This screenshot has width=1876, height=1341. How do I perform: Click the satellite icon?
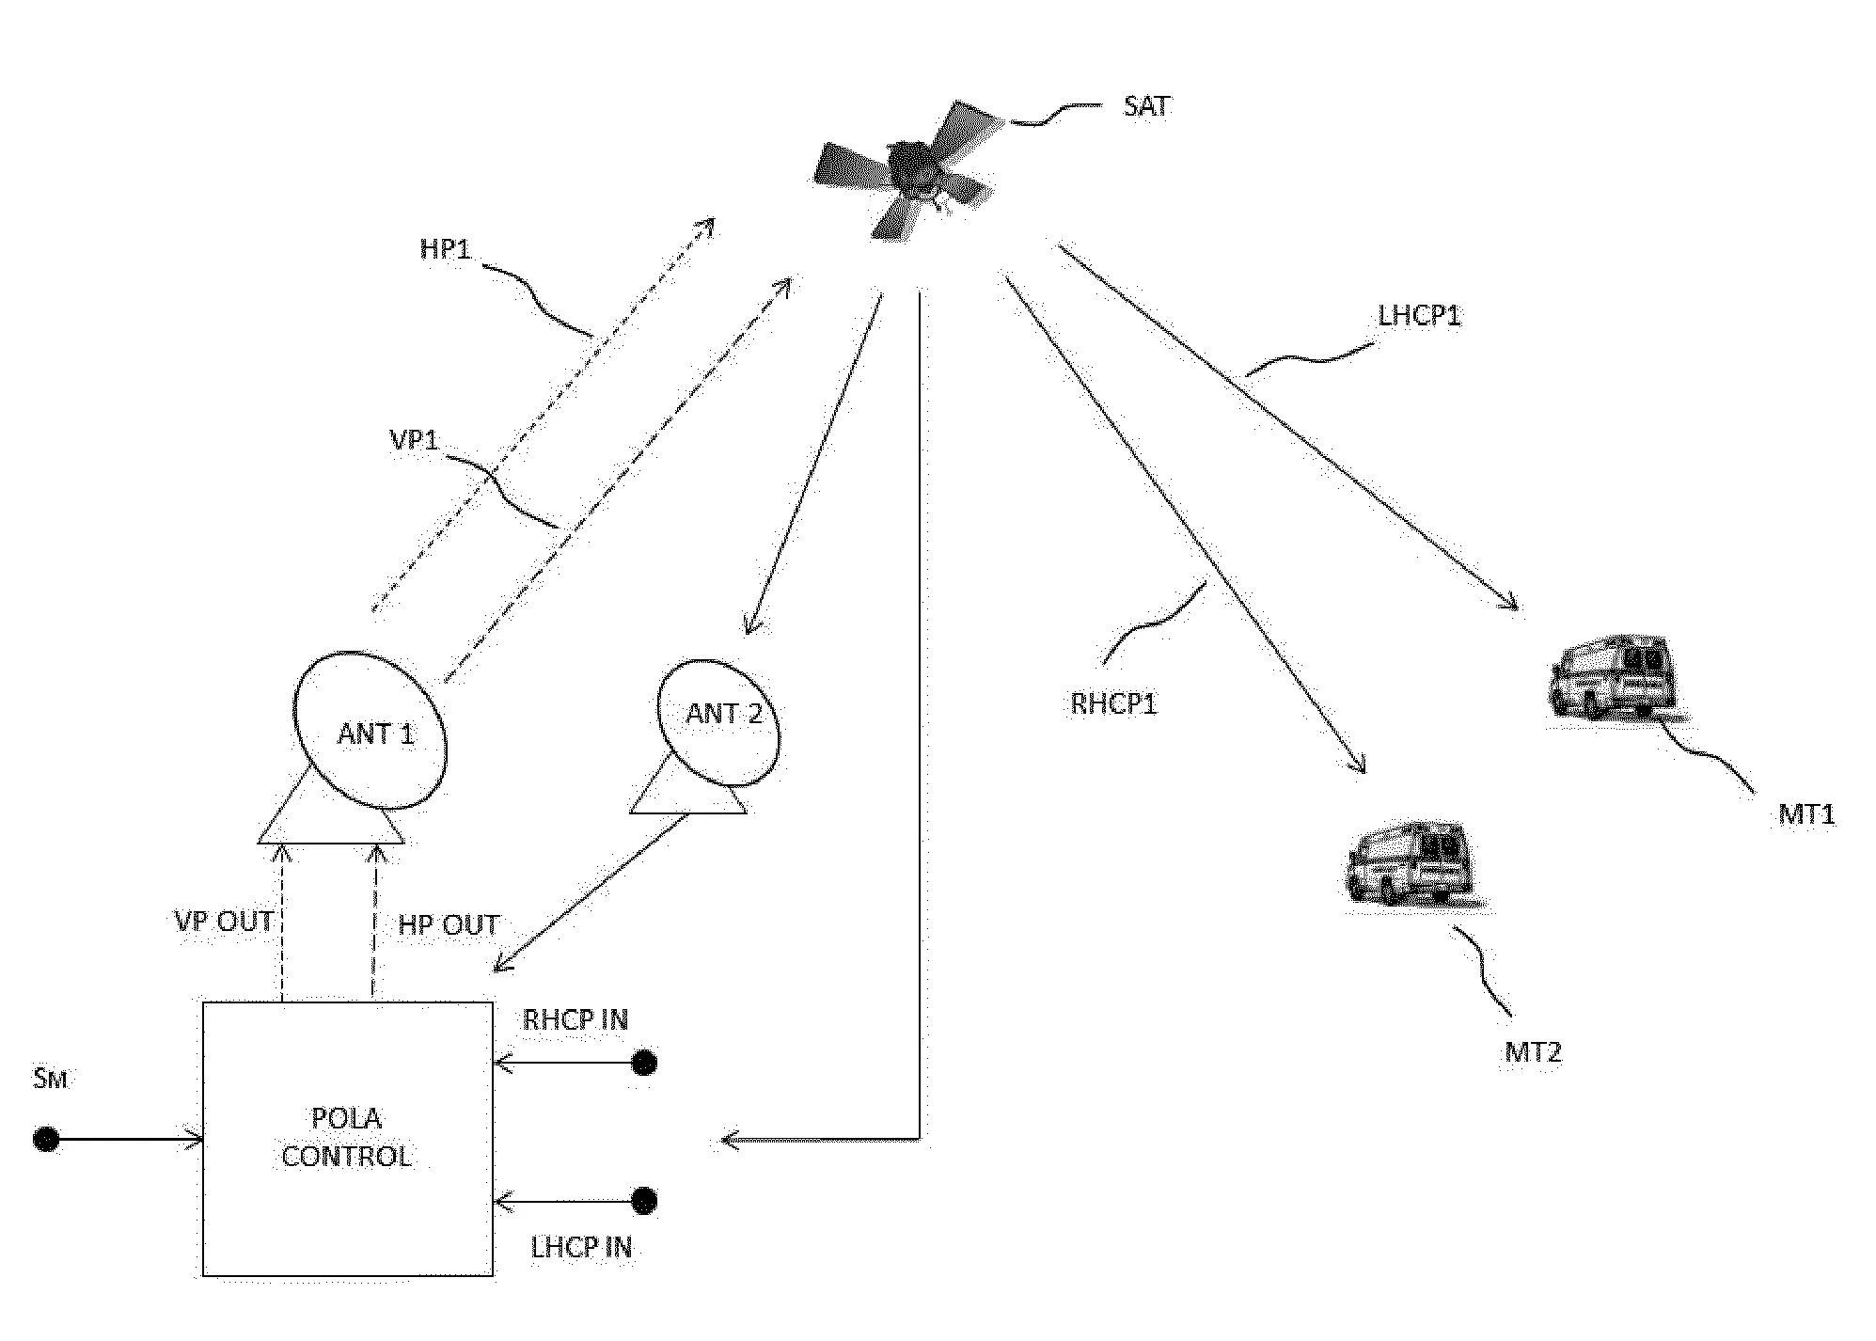(x=907, y=169)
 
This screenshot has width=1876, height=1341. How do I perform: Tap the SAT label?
(x=1146, y=106)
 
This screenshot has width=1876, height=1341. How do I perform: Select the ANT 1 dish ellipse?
(x=370, y=731)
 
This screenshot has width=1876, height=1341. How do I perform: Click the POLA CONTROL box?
(x=347, y=1138)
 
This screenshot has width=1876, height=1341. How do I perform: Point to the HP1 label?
(x=445, y=250)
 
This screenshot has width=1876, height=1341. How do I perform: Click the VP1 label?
(x=414, y=440)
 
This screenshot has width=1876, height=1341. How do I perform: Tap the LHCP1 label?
(x=1419, y=316)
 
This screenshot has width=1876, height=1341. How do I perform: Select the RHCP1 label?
(x=1113, y=704)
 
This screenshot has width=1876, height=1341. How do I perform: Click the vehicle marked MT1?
(x=1612, y=678)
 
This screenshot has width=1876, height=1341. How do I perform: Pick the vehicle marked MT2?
(x=1409, y=863)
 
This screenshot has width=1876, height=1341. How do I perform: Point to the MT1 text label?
(x=1805, y=814)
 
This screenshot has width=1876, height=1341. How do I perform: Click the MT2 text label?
(x=1532, y=1052)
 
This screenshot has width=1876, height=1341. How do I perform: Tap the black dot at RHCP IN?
(x=644, y=1064)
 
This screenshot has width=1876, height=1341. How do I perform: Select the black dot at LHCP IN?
(x=644, y=1201)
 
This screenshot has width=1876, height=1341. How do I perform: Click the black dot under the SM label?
(x=46, y=1140)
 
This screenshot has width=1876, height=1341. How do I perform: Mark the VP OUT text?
(x=224, y=922)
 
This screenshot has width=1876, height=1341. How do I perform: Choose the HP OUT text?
(x=449, y=925)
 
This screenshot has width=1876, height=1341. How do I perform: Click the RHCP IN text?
(x=575, y=1020)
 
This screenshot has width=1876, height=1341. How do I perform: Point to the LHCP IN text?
(x=581, y=1248)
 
